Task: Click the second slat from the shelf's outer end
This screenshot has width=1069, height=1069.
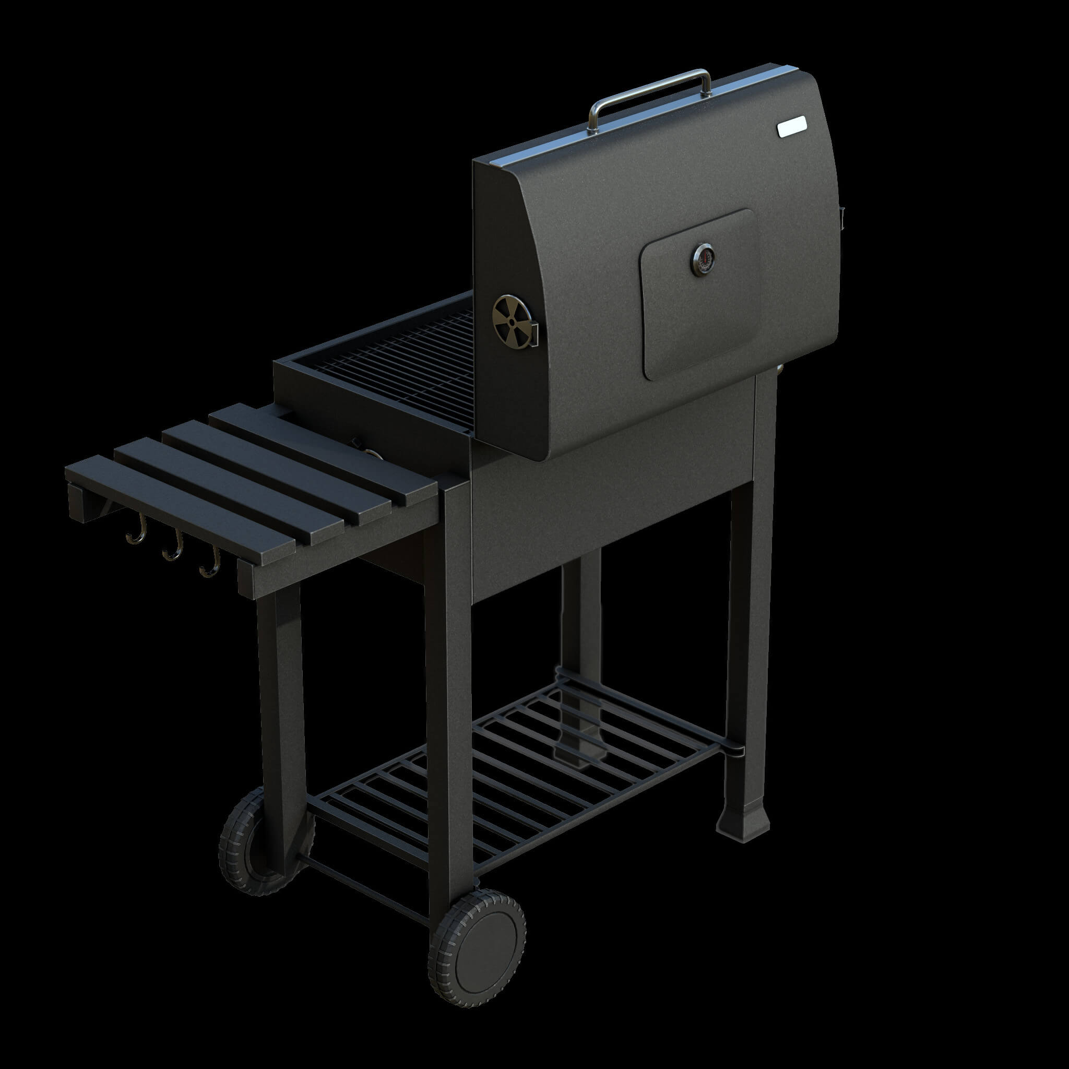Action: tap(232, 481)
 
